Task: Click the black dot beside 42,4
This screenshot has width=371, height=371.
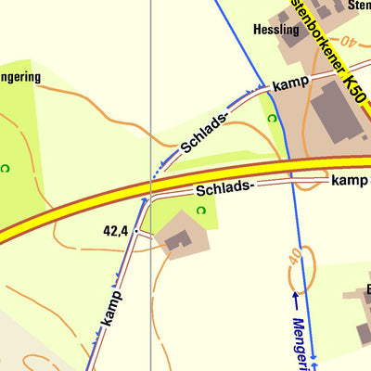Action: coord(135,229)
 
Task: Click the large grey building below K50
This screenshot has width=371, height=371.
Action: coord(335,112)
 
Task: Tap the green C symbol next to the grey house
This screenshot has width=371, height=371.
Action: coord(202,211)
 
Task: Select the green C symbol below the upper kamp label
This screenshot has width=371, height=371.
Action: coord(271,119)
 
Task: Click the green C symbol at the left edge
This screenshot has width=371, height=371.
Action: coord(5,168)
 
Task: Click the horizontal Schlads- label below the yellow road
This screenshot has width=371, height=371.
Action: coord(224,188)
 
